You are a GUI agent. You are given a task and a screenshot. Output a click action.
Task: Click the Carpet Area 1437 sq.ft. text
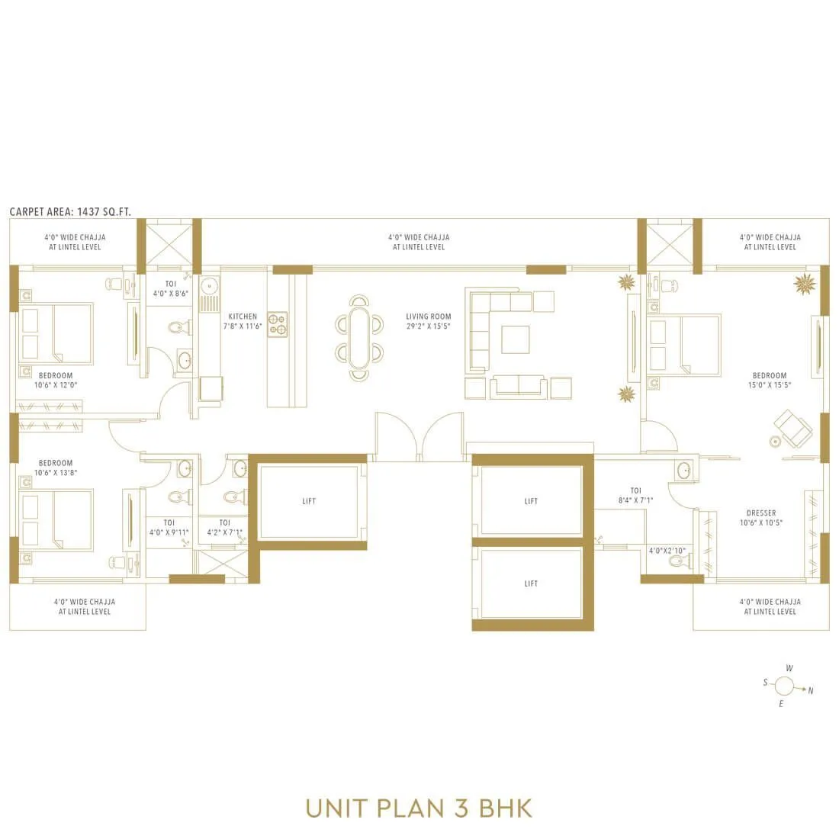click(70, 211)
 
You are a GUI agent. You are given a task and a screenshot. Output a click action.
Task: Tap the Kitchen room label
click(243, 321)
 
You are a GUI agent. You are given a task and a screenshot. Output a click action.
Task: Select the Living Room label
click(429, 321)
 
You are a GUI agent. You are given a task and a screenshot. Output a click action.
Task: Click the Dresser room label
click(761, 518)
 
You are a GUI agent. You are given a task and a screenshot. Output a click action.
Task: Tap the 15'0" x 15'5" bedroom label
click(770, 380)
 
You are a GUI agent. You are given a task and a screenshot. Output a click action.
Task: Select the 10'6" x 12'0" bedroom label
click(56, 380)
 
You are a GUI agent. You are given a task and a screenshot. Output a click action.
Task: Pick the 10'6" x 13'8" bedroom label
click(56, 468)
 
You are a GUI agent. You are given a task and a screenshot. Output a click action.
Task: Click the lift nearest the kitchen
click(309, 501)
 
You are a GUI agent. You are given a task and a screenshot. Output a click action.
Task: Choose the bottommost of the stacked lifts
click(531, 583)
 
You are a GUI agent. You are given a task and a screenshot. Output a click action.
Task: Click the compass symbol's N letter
click(811, 691)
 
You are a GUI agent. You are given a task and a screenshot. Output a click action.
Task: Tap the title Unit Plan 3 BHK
click(419, 808)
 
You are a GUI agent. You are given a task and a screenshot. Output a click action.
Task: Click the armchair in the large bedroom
click(793, 429)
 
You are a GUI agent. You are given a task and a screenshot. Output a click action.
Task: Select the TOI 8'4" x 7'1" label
click(636, 496)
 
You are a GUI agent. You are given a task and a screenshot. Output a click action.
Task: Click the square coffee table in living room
click(515, 339)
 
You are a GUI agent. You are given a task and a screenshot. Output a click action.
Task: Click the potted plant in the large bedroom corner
click(804, 284)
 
